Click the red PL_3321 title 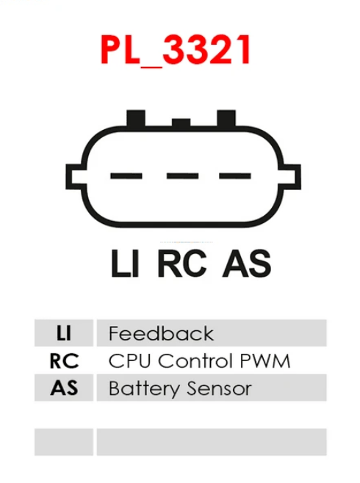click(176, 50)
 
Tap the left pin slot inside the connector click(126, 176)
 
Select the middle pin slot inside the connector click(182, 176)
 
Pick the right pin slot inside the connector click(235, 176)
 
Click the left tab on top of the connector click(136, 118)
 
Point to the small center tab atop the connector click(181, 123)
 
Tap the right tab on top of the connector click(226, 118)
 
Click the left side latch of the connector click(75, 176)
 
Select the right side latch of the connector click(290, 176)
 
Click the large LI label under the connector click(125, 264)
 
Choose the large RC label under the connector click(182, 264)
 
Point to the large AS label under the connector click(247, 264)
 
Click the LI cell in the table click(64, 333)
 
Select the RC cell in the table click(64, 360)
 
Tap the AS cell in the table click(64, 388)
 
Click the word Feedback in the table click(161, 333)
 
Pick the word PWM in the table click(265, 360)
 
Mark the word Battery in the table click(144, 389)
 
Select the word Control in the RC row click(195, 360)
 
